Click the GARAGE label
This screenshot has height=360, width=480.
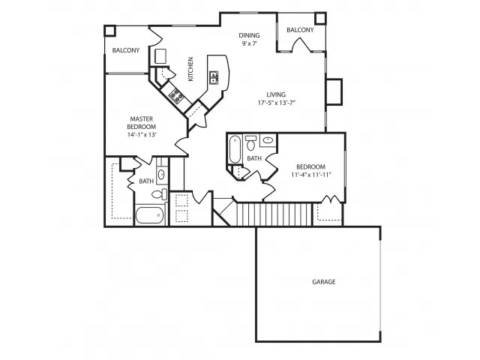tap(323, 282)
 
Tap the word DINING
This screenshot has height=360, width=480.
tap(250, 35)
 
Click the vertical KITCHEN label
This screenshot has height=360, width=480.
tap(191, 70)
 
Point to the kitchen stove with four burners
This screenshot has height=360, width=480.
tap(178, 94)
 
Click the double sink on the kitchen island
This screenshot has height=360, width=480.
tap(214, 76)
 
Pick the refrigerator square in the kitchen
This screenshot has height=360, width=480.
tap(160, 57)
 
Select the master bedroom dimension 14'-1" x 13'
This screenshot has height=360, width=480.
tap(142, 135)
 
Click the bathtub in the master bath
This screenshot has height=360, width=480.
tap(148, 215)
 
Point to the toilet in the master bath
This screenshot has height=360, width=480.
tap(159, 194)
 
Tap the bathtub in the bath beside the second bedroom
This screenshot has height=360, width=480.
tap(235, 148)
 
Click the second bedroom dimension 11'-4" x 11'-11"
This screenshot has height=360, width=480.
tap(310, 175)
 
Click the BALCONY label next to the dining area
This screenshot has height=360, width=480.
tap(300, 30)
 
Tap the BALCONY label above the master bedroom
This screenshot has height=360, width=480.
tap(126, 50)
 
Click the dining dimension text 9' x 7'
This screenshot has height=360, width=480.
tap(249, 44)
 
